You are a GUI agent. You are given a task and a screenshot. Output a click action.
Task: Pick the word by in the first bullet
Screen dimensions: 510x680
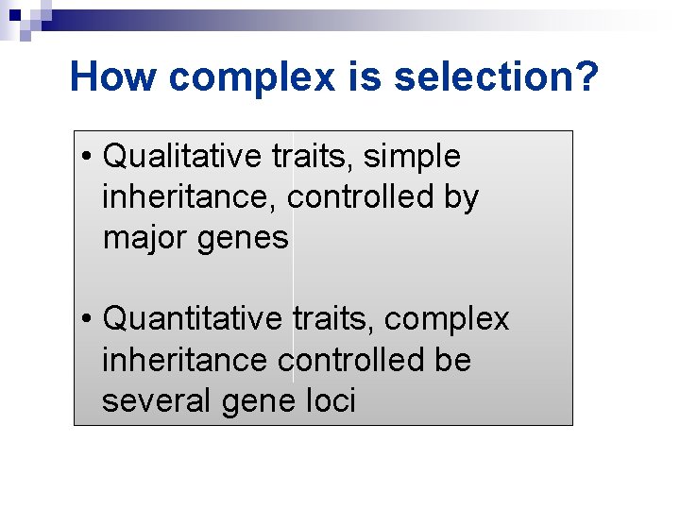click(x=461, y=198)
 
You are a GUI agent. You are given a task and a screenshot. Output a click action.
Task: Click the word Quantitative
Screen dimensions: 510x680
click(x=193, y=319)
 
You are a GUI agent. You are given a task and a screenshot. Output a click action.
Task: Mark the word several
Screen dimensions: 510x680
click(x=158, y=401)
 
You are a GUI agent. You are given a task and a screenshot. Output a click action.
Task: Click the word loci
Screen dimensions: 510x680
click(x=332, y=401)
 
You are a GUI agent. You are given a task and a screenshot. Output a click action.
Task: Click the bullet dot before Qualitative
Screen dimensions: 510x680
click(x=86, y=156)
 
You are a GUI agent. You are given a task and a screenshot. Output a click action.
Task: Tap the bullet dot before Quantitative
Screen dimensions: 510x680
click(x=86, y=319)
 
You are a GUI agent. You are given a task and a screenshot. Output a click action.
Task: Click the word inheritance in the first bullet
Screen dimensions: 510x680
click(x=191, y=197)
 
